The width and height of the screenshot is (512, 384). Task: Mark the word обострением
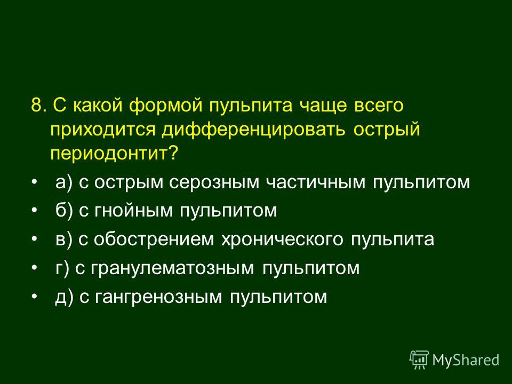(154, 239)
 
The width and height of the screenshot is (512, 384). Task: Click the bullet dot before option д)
(34, 296)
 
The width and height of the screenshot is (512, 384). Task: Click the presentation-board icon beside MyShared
(419, 360)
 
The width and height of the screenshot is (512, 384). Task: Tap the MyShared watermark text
(466, 360)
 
